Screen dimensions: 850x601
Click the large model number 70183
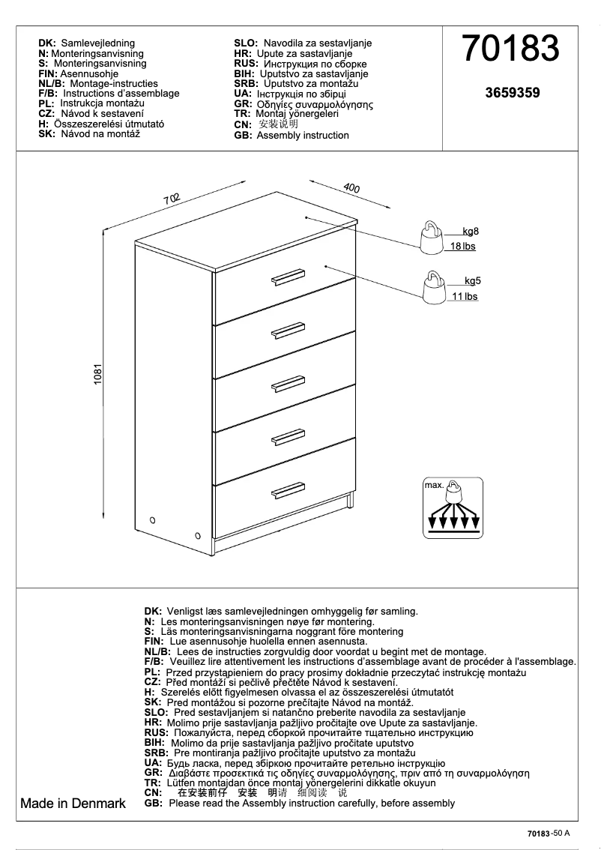[511, 49]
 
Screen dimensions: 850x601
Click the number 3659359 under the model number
[513, 94]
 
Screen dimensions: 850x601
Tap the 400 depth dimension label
[351, 188]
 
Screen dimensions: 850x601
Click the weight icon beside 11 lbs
[433, 288]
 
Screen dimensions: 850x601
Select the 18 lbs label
[462, 246]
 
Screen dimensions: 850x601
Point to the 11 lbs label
[465, 297]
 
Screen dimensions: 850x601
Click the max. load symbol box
[453, 508]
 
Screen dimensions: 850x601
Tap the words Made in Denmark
[73, 804]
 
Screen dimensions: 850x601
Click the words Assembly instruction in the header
[303, 136]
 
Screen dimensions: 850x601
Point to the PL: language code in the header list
[46, 103]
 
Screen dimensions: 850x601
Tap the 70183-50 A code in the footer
[549, 833]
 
